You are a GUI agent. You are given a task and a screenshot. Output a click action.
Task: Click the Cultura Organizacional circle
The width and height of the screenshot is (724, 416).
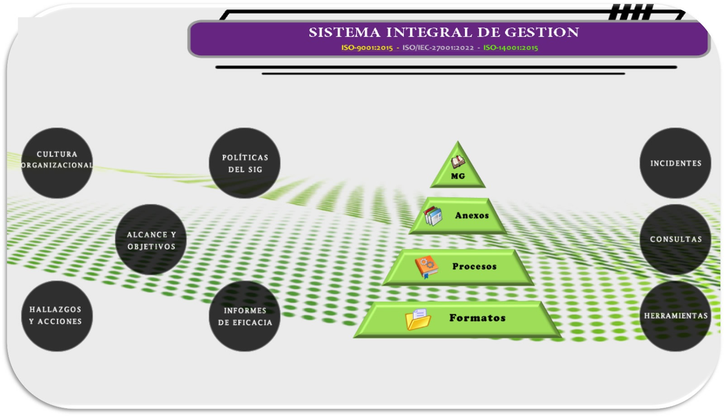[x=57, y=163]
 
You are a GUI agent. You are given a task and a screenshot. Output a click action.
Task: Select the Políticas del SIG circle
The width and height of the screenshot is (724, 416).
[x=244, y=163]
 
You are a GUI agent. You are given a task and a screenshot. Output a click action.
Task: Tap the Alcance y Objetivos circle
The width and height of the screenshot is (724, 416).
[x=151, y=239]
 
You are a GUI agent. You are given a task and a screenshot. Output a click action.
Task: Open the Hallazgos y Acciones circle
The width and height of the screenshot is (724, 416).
[x=57, y=316]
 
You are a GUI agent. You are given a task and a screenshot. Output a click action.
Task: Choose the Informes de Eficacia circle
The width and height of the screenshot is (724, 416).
[x=244, y=316]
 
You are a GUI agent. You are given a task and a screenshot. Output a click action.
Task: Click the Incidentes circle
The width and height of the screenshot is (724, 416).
[x=675, y=163]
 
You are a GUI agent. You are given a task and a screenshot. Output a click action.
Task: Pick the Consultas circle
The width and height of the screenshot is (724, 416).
[x=675, y=239]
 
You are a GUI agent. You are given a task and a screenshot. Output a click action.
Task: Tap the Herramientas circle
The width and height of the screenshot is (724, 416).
[x=675, y=316]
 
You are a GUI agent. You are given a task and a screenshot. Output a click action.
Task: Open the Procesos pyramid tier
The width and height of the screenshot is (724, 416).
[x=474, y=267]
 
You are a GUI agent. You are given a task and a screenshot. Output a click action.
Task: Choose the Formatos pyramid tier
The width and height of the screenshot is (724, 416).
[x=477, y=318]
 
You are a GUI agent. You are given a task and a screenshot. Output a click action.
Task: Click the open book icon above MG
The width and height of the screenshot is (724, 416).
[x=457, y=162]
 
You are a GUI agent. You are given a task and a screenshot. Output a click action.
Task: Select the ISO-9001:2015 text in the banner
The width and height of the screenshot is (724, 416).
[x=367, y=48]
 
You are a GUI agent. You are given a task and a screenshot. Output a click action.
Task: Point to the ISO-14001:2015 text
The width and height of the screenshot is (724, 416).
[x=510, y=48]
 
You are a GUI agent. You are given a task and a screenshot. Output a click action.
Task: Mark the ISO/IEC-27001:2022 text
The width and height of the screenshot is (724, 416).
[x=438, y=48]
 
